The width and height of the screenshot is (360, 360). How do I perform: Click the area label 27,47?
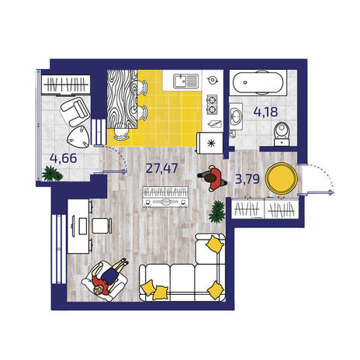coord(161,168)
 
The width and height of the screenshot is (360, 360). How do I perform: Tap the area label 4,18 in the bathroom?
coord(265,112)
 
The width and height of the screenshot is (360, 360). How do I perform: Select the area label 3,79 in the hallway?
coord(247,178)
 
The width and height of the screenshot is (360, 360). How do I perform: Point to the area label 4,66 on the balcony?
coord(64,158)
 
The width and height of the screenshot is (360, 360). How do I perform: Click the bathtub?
coord(258,83)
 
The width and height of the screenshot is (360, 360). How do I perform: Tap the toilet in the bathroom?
coord(282,134)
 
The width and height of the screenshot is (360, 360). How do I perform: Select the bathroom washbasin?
coord(236,116)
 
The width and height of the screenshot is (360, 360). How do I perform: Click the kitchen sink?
coord(185,81)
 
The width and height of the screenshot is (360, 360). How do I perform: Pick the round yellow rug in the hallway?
coord(282,178)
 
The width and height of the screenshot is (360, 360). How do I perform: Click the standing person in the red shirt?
coord(213,178)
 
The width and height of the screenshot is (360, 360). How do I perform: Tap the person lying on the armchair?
coord(109,278)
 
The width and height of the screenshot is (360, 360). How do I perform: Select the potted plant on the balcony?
coord(52,173)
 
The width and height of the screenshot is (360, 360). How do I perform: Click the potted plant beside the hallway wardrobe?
coord(216,211)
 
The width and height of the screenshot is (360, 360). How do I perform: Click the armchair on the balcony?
coord(74,111)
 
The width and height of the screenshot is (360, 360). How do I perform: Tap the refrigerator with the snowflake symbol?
coord(210,143)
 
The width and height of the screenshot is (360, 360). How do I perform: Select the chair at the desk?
coord(102,225)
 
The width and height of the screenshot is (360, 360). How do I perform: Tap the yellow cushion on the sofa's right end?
coord(215,290)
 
